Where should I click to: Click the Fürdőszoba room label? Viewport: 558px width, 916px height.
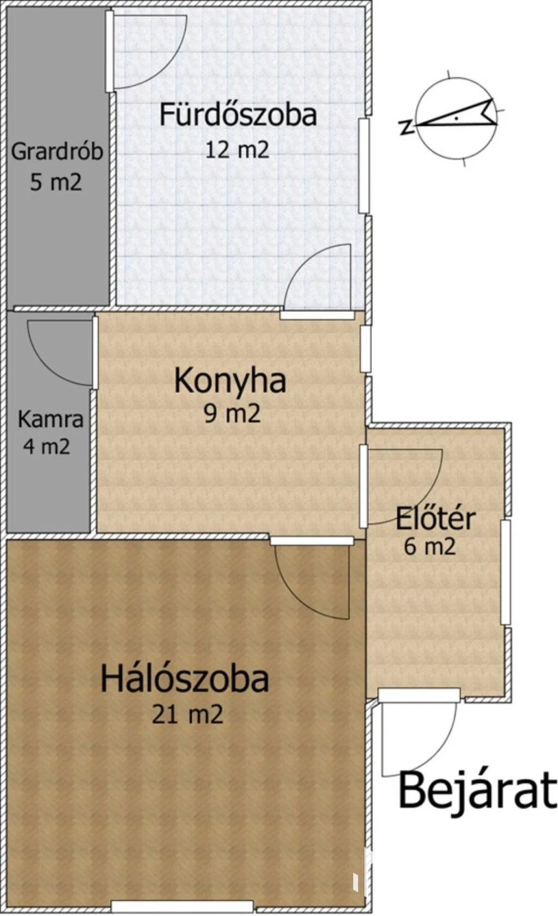238,115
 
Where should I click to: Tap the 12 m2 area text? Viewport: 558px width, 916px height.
237,150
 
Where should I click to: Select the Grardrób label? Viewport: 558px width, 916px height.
57,151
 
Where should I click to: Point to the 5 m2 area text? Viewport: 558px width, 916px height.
56,182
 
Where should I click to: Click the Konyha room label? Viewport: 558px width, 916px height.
230,381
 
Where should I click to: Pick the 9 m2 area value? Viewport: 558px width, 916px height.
232,414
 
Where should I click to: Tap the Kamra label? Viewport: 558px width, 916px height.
50,419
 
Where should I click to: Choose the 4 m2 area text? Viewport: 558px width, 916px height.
47,447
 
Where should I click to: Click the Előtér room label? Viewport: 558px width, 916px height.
435,519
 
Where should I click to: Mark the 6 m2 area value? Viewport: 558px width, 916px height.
429,546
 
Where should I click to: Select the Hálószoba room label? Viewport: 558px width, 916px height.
185,679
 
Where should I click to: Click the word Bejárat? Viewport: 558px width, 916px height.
478,790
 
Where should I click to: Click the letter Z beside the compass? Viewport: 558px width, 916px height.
406,127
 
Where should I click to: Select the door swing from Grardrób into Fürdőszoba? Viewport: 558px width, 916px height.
147,52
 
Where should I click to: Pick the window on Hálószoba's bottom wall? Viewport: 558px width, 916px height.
182,906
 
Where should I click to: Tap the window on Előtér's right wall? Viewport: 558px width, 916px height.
506,572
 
